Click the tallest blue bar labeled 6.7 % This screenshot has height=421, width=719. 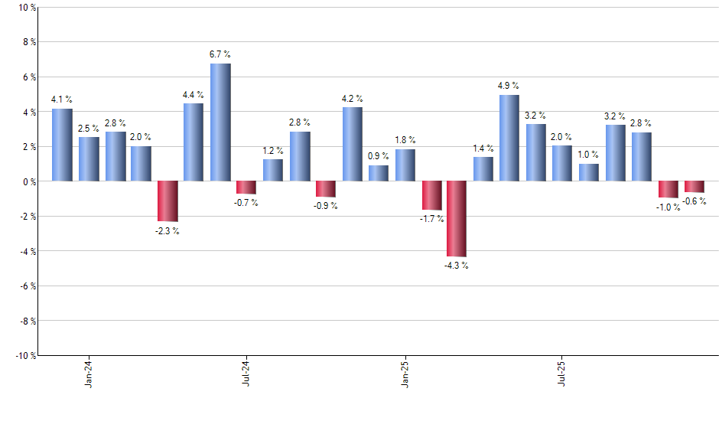[x=220, y=122]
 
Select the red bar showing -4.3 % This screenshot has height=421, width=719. [x=457, y=219]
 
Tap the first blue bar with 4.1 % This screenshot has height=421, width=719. [x=62, y=145]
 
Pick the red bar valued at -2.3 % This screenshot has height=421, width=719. [x=168, y=201]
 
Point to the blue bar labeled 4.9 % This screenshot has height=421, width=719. [x=509, y=139]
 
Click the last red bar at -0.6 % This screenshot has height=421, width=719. [x=695, y=187]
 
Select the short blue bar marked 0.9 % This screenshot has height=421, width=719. [x=379, y=174]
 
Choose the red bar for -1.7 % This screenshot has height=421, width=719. [x=431, y=196]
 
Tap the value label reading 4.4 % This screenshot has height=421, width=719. [x=194, y=95]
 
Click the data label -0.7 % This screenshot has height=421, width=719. [x=246, y=203]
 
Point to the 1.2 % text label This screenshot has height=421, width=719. [x=273, y=151]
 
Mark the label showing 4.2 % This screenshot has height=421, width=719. [x=353, y=99]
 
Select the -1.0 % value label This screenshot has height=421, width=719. [x=668, y=207]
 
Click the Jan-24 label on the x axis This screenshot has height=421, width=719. [x=89, y=373]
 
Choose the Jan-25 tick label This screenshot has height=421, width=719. [x=405, y=373]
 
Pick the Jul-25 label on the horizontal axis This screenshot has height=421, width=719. [x=562, y=373]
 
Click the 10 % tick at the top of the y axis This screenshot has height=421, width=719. [x=26, y=8]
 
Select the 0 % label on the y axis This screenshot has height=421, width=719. [x=28, y=181]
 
